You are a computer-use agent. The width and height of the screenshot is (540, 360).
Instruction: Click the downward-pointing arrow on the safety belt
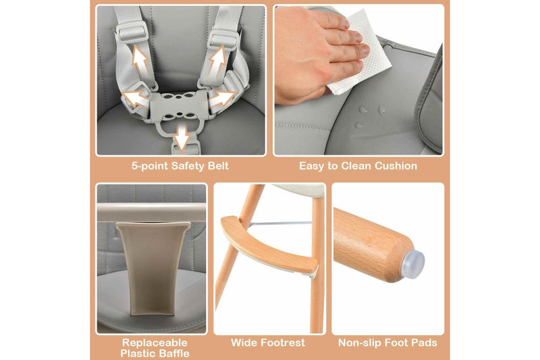pos(180,138)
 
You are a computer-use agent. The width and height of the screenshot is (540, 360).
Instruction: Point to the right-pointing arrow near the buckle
pos(221,99)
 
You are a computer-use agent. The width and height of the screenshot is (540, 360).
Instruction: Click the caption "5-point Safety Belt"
pos(180,166)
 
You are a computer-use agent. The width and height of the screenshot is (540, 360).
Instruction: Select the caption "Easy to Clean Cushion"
pos(358,166)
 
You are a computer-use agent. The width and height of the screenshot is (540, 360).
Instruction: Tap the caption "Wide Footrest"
pos(268,343)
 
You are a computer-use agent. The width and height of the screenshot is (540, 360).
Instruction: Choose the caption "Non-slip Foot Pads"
pos(387,343)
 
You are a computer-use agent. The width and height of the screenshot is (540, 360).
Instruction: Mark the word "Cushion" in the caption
pos(395,166)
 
